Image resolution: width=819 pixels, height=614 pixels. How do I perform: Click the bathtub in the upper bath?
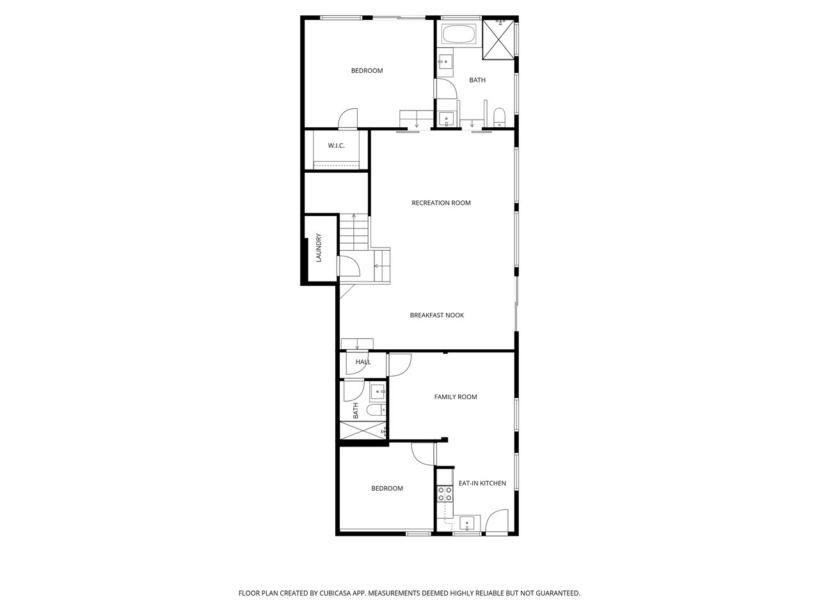[x=459, y=35]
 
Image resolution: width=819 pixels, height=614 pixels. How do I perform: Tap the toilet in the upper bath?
[x=499, y=116]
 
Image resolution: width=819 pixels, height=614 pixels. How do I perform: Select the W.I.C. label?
[x=336, y=146]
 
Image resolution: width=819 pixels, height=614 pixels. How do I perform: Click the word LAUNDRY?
[x=318, y=248]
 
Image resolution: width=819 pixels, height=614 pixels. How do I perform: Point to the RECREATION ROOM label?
[x=441, y=203]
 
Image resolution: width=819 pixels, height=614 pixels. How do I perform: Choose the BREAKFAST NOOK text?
[x=437, y=315]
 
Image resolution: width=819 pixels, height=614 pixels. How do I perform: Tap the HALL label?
[x=363, y=361]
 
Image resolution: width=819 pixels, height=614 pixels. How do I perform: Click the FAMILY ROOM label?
[x=456, y=397]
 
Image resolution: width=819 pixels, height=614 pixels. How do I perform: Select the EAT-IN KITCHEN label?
[x=482, y=483]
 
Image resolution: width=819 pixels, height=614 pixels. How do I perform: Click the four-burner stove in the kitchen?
[x=445, y=494]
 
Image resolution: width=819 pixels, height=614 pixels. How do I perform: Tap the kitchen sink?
[x=467, y=523]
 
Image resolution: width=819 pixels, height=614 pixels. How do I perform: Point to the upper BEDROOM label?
[x=367, y=70]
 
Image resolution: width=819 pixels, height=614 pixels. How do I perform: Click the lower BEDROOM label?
[x=387, y=489]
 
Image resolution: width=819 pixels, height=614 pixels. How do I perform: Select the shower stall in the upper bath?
[x=498, y=39]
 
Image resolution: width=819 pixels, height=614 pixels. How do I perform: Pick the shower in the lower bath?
[x=363, y=430]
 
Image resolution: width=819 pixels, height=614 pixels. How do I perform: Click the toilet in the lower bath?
[x=376, y=410]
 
